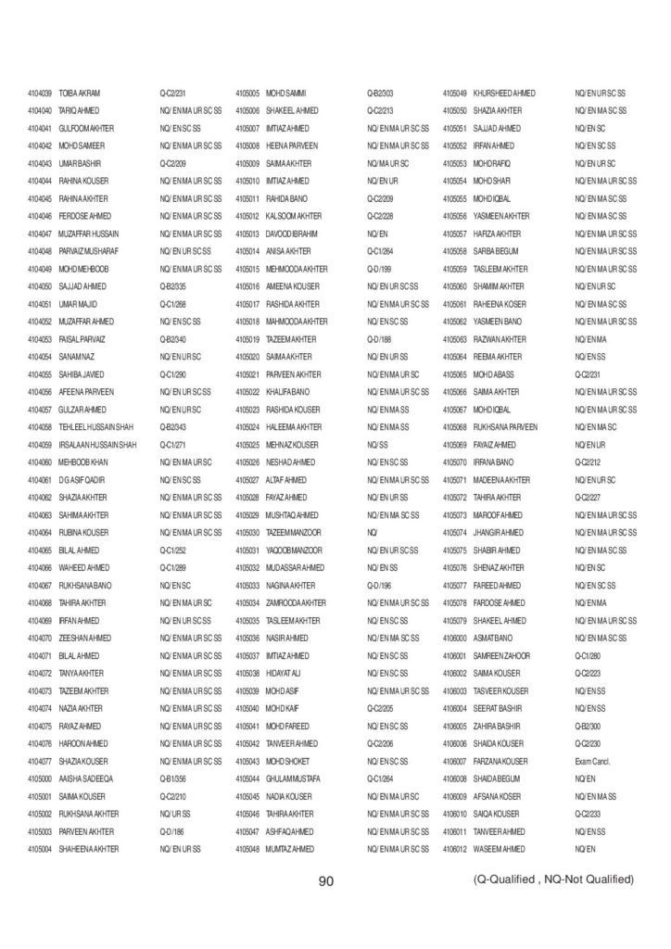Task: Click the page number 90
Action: click(x=325, y=881)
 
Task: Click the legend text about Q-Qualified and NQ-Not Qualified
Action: click(x=553, y=879)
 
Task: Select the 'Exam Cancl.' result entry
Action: click(x=594, y=761)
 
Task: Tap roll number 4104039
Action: click(x=40, y=93)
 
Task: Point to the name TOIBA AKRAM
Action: click(x=80, y=93)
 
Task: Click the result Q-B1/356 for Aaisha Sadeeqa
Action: click(x=174, y=778)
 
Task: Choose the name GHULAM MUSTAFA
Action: click(x=293, y=778)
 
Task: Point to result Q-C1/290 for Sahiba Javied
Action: click(x=174, y=374)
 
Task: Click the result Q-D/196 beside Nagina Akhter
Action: click(x=380, y=586)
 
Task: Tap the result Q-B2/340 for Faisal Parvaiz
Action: click(x=174, y=339)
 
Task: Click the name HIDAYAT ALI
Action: click(x=287, y=673)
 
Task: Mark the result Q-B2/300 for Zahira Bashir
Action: click(x=589, y=726)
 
